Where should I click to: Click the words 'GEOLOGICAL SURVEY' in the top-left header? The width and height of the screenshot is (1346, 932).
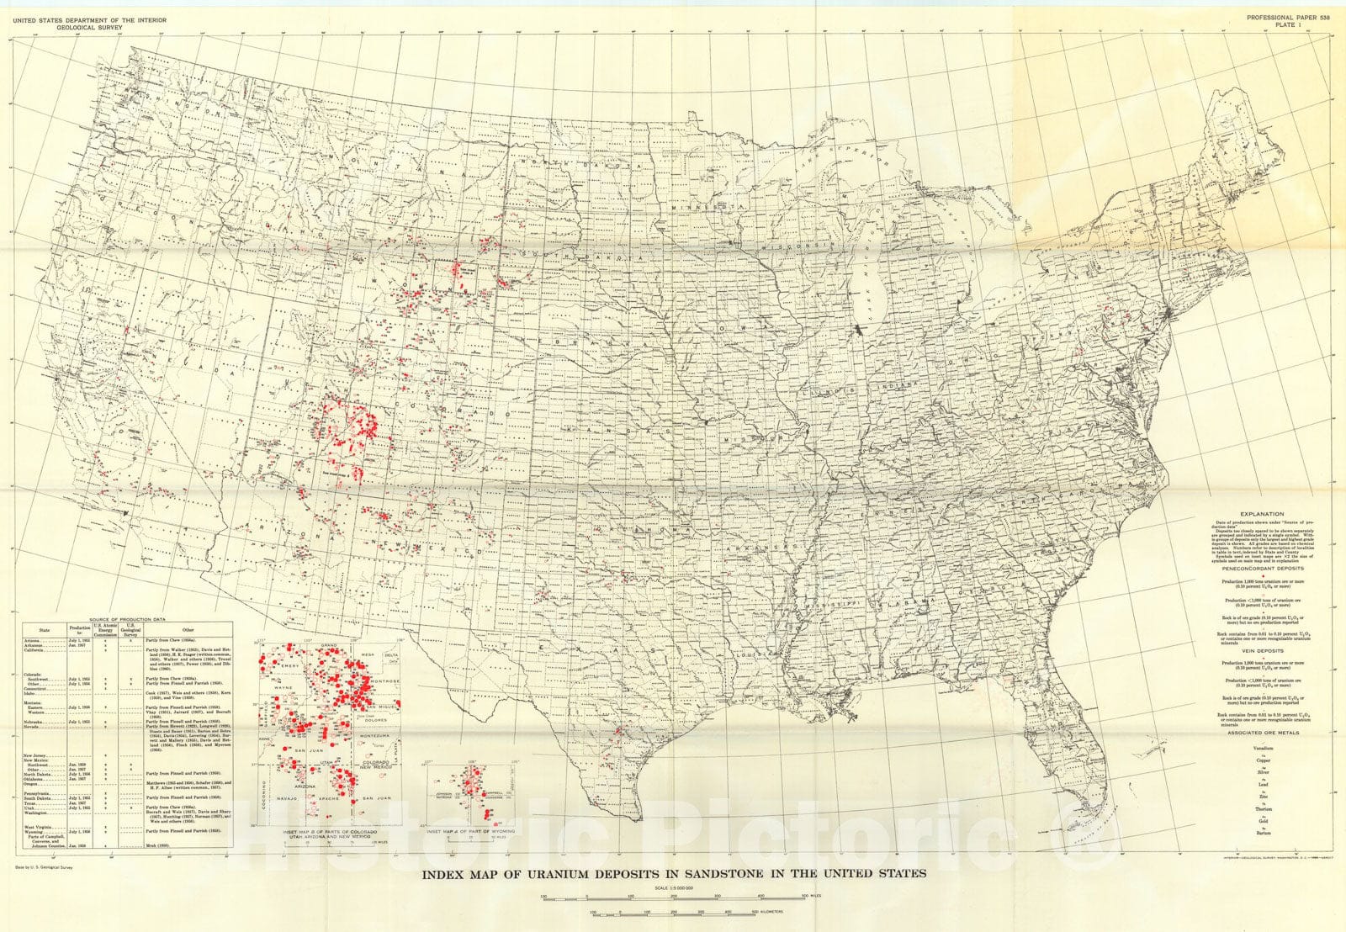tap(82, 26)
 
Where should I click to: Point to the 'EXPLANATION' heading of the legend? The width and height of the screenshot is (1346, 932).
tap(1262, 513)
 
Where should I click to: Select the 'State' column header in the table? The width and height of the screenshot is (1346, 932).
tap(44, 628)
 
